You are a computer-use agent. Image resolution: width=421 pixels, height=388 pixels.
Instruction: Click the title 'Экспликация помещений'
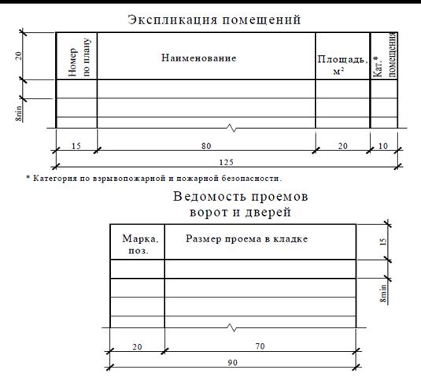click(x=214, y=20)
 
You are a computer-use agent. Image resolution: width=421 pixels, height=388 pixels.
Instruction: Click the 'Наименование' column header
click(x=198, y=58)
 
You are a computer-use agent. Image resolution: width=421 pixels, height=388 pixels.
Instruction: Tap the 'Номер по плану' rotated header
click(x=79, y=57)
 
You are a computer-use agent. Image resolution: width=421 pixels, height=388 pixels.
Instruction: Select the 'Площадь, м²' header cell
click(x=342, y=65)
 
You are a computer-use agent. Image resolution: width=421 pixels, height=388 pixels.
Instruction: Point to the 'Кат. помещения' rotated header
click(x=385, y=55)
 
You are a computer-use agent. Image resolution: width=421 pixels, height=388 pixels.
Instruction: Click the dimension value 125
click(x=227, y=162)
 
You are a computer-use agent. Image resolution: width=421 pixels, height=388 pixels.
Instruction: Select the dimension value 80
click(x=206, y=146)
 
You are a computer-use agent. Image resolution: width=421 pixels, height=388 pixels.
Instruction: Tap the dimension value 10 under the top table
click(x=383, y=146)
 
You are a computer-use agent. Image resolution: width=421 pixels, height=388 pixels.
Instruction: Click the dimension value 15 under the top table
click(x=76, y=146)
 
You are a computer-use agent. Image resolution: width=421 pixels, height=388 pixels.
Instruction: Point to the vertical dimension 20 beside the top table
click(x=18, y=56)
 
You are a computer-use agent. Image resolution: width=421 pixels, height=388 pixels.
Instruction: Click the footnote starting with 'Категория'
click(x=154, y=179)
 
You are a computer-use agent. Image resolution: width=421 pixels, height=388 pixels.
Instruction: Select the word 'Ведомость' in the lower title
click(x=209, y=196)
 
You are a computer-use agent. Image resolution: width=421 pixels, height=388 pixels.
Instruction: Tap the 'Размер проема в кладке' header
click(x=247, y=238)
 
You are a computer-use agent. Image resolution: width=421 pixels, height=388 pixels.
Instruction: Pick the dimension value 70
click(x=260, y=346)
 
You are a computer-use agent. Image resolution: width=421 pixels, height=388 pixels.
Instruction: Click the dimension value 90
click(x=233, y=363)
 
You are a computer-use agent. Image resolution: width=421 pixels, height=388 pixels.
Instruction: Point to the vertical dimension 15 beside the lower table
click(x=384, y=242)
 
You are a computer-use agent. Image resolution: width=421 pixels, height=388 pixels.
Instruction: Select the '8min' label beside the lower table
click(x=384, y=294)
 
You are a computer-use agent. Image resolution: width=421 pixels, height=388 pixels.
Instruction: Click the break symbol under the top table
click(x=232, y=128)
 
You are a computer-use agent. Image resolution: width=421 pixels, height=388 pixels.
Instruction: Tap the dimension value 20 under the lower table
click(x=137, y=346)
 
